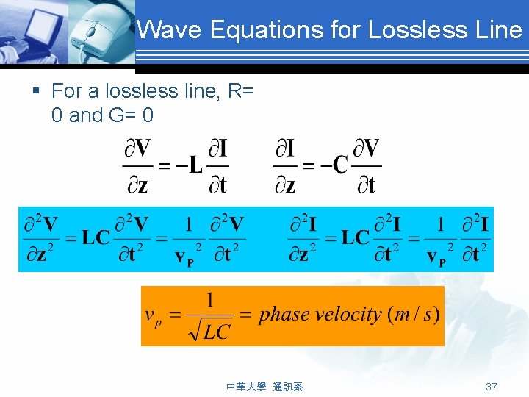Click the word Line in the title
click(x=499, y=30)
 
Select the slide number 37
click(x=492, y=387)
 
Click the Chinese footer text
click(x=264, y=387)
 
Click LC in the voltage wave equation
click(x=96, y=237)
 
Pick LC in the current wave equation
click(x=356, y=237)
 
